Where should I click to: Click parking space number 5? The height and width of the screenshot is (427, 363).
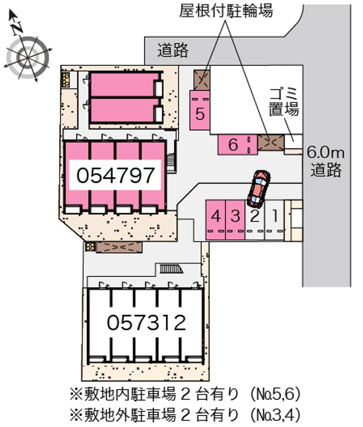click(200, 110)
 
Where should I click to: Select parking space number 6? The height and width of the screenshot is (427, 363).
click(237, 145)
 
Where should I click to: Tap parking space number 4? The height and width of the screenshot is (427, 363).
click(216, 220)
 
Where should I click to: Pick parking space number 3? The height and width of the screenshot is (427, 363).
click(235, 220)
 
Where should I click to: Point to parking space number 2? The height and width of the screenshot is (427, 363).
click(255, 220)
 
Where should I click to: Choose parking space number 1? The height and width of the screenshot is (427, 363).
click(275, 220)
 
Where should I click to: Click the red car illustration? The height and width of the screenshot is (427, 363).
click(259, 188)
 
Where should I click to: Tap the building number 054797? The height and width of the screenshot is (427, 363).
click(115, 175)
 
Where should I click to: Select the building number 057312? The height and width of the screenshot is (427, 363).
click(146, 323)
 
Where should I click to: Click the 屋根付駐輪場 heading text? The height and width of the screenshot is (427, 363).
click(226, 10)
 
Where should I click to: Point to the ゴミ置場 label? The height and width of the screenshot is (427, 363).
click(284, 102)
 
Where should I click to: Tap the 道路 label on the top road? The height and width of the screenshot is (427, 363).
click(172, 50)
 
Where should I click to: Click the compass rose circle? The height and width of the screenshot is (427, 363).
click(28, 58)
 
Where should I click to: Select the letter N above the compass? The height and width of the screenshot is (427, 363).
click(17, 27)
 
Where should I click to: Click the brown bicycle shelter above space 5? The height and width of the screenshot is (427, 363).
click(202, 80)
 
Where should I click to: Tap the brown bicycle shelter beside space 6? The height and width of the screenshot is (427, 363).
click(271, 142)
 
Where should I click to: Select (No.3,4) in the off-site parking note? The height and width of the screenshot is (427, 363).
click(275, 415)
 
